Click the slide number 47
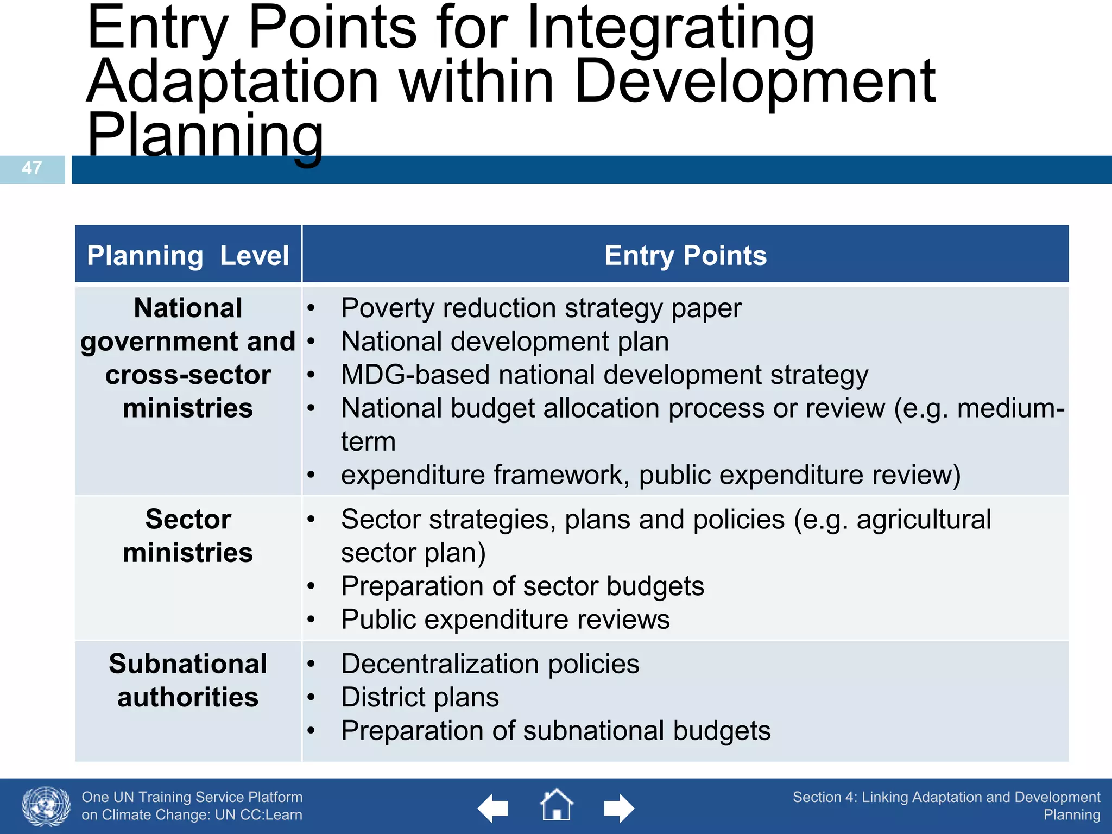point(32,168)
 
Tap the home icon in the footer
point(556,805)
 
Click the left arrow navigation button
point(493,808)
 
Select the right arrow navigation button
point(618,808)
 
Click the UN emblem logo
point(46,807)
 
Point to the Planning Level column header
point(188,255)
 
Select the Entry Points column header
point(685,255)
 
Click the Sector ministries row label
point(188,536)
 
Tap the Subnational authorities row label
point(188,680)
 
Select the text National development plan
point(505,342)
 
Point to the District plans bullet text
point(420,697)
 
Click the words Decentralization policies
point(490,664)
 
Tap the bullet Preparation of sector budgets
point(522,586)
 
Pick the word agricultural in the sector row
point(924,520)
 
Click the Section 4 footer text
point(946,806)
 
